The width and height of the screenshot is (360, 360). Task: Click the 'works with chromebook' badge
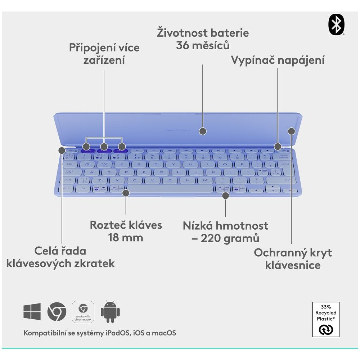pyautogui.click(x=83, y=311)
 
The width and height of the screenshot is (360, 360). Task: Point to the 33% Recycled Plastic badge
pyautogui.click(x=326, y=319)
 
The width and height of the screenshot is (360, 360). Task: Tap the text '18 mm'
pyautogui.click(x=126, y=238)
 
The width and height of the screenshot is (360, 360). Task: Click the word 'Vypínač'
pyautogui.click(x=253, y=60)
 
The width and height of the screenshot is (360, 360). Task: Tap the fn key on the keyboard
pyautogui.click(x=83, y=188)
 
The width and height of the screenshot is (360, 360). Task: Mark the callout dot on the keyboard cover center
pyautogui.click(x=203, y=131)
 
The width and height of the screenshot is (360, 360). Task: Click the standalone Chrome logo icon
pyautogui.click(x=57, y=311)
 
